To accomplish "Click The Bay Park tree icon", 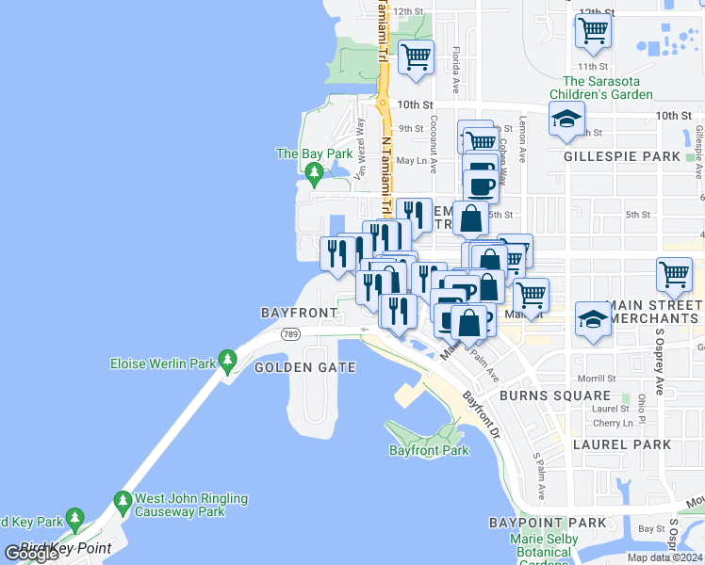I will pos(314,171).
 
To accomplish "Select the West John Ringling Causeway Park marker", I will pos(122,499).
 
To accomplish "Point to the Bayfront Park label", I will pos(429,450).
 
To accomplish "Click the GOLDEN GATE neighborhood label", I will pos(305,367).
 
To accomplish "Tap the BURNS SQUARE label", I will pos(543,395).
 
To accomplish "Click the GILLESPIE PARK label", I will pos(621,156).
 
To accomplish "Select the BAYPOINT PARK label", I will pos(548,522).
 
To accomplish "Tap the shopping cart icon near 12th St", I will pos(593,30).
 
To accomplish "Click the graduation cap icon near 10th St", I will pos(566,120).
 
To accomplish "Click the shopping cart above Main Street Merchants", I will pos(674,275).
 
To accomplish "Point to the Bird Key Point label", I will pos(66,548).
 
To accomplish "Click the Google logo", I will pos(30,554).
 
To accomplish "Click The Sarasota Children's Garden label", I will pos(608,88).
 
